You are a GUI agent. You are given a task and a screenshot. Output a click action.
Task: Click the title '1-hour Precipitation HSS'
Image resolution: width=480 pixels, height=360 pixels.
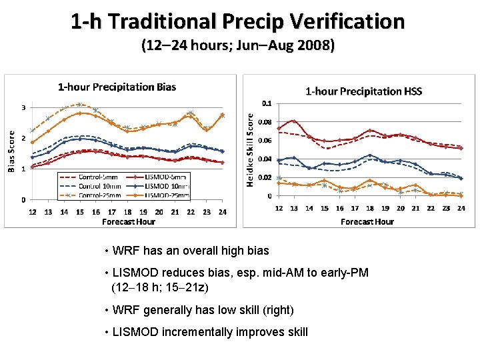pyautogui.click(x=363, y=91)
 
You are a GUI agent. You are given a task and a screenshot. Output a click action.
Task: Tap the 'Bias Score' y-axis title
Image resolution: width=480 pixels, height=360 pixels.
pyautogui.click(x=11, y=151)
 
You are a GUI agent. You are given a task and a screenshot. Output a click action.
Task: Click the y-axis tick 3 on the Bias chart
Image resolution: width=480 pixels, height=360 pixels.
pyautogui.click(x=24, y=107)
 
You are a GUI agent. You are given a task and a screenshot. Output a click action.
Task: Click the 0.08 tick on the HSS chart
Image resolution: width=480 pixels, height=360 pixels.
pyautogui.click(x=266, y=122)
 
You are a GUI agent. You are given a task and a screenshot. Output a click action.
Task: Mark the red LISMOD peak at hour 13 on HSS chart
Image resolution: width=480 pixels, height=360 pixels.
pyautogui.click(x=293, y=121)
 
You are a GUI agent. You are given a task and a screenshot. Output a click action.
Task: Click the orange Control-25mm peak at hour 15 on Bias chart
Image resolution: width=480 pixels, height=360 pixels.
pyautogui.click(x=79, y=105)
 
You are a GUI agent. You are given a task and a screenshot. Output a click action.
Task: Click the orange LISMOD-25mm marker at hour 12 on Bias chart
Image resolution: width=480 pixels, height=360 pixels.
pyautogui.click(x=32, y=142)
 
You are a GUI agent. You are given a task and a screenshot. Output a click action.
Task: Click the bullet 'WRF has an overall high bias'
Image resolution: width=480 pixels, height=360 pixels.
pyautogui.click(x=191, y=251)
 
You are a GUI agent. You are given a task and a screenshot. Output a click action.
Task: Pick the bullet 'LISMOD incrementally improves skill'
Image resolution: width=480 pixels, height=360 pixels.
pyautogui.click(x=211, y=332)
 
